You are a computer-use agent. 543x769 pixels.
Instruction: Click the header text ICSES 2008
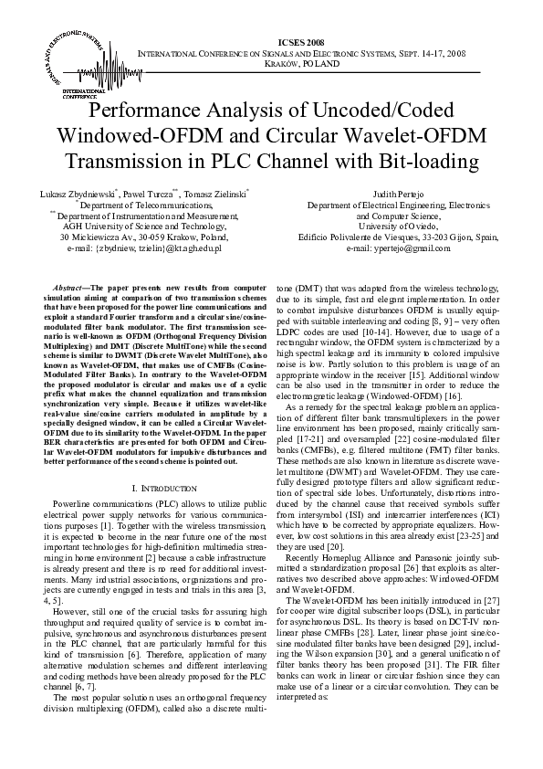(301, 43)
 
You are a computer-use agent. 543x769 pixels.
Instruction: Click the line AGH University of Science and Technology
(144, 226)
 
